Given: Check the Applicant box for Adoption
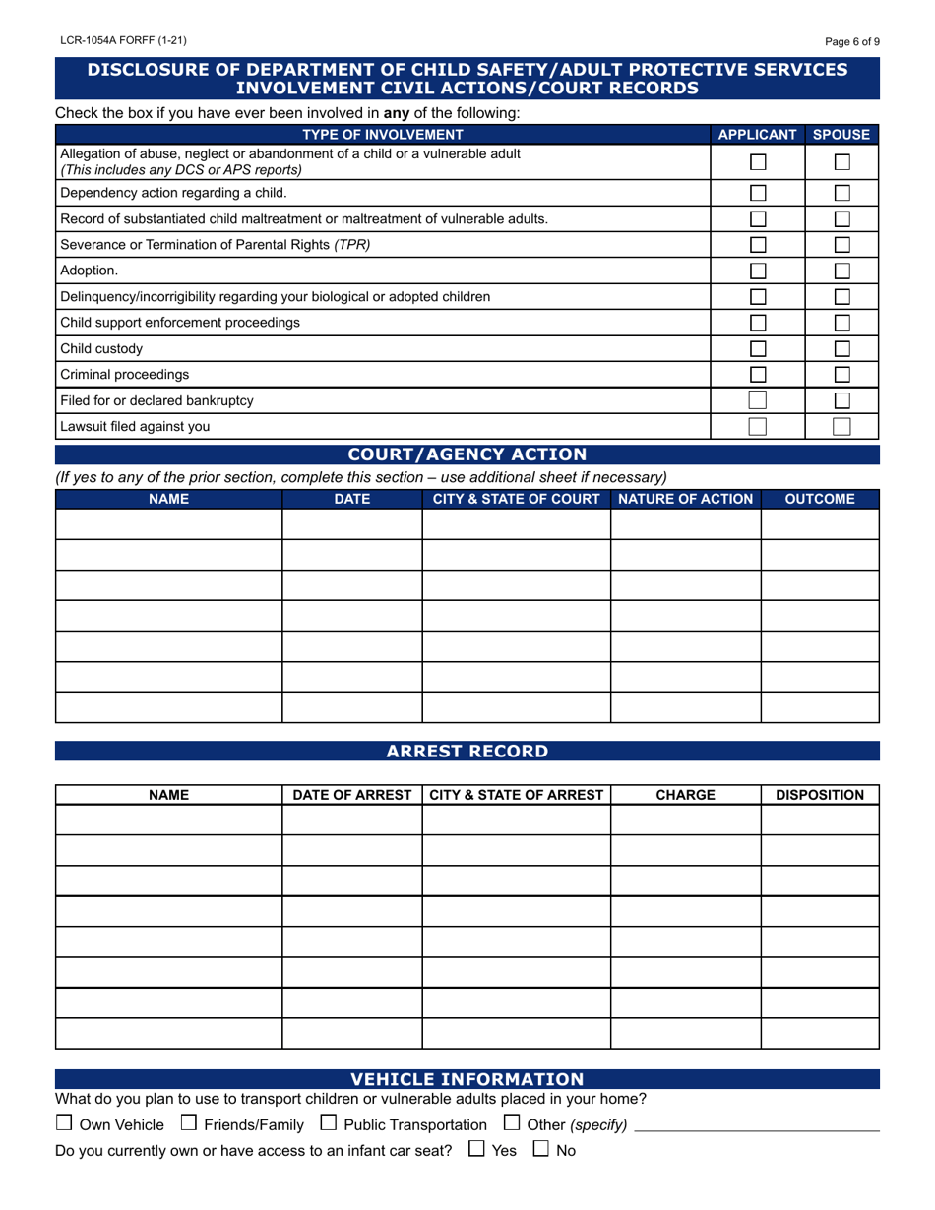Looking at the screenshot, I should [x=758, y=270].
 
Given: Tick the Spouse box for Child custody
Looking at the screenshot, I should [x=841, y=348].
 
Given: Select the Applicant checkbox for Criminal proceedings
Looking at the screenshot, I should [x=758, y=374].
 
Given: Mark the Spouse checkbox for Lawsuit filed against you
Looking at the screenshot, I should [x=841, y=426].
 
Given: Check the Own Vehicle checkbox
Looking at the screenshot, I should [x=64, y=1123].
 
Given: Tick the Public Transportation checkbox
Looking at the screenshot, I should [x=329, y=1123].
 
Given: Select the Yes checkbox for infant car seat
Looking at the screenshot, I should [x=476, y=1149].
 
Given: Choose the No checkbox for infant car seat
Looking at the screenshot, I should [x=541, y=1149].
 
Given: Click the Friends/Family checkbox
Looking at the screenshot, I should [x=189, y=1123].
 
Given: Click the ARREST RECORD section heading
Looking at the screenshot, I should [x=467, y=752].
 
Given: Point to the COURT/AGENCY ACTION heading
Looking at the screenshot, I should [x=467, y=454].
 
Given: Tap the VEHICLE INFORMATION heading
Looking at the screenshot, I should [x=467, y=1079].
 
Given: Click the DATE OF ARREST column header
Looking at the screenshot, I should [x=351, y=795].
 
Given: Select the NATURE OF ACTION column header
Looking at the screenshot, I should [x=685, y=499].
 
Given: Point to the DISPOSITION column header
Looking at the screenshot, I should [x=820, y=795].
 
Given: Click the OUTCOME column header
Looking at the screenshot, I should [x=820, y=499].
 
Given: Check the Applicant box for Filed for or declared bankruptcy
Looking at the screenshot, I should [x=758, y=400].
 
